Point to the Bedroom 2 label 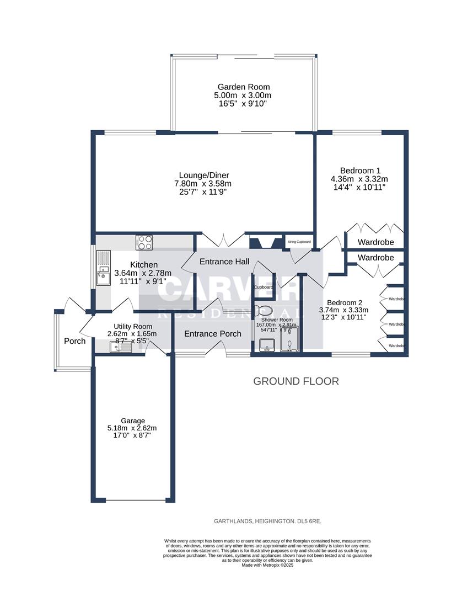(345, 302)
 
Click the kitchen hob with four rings (144, 242)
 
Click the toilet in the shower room (264, 311)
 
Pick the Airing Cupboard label (299, 242)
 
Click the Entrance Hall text (224, 261)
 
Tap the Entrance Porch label (212, 333)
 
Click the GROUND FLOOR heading (296, 381)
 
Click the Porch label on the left (74, 341)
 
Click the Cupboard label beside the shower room (263, 288)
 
